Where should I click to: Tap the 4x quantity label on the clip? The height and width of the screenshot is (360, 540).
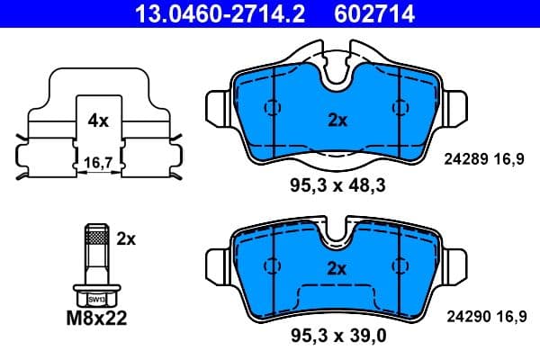(x=98, y=121)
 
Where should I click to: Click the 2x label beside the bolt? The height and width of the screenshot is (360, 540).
(x=125, y=238)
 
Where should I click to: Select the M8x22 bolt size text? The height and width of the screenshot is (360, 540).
(x=97, y=317)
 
